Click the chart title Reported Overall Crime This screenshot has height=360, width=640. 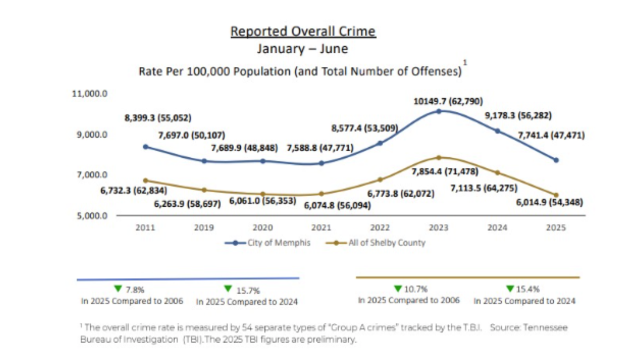tap(303, 32)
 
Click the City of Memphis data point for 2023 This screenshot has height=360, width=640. tap(439, 111)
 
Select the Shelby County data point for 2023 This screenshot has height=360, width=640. tap(439, 158)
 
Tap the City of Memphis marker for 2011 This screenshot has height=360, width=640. tap(146, 147)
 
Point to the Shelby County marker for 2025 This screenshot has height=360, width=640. tap(556, 195)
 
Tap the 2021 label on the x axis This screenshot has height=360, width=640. tap(321, 228)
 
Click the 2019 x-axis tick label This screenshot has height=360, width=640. tap(204, 228)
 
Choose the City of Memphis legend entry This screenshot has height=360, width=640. tap(268, 243)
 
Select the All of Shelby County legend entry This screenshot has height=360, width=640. tap(375, 243)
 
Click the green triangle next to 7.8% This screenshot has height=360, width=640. tap(118, 288)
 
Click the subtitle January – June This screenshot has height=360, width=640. tap(302, 49)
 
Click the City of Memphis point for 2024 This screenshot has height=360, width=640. tap(497, 131)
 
